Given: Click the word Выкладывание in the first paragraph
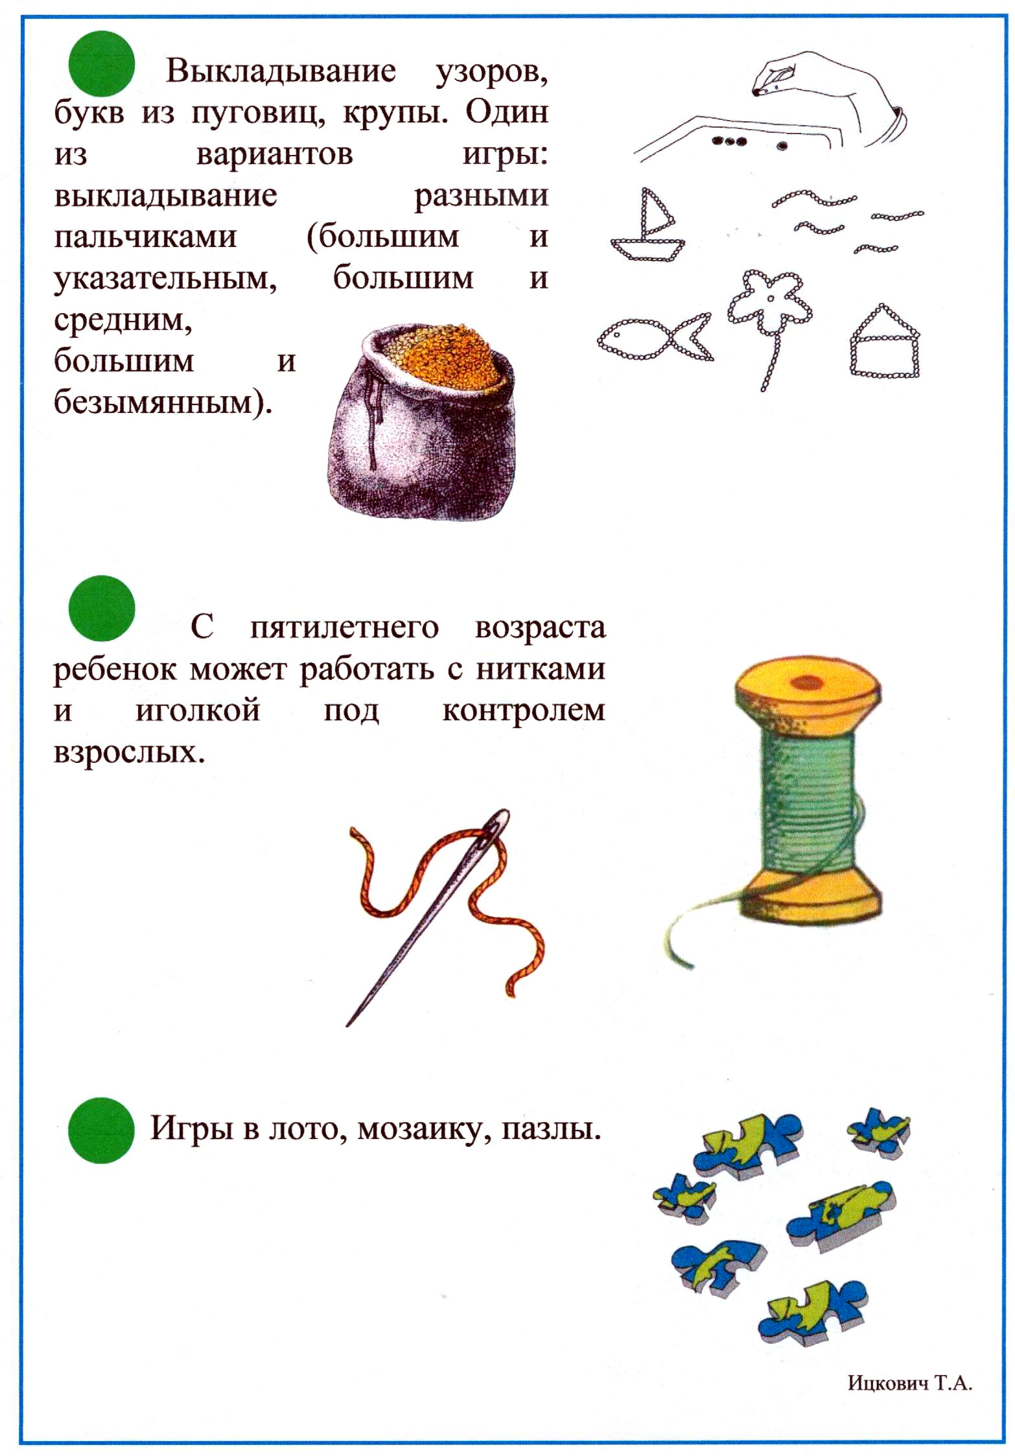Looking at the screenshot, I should (280, 71).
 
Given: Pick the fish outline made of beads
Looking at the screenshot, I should (653, 338).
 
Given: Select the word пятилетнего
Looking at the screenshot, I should (344, 628).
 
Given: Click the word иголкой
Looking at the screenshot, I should (198, 710).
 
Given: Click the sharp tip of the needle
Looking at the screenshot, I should (349, 1024).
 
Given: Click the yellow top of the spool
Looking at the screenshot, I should (808, 686).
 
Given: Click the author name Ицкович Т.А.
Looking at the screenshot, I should (909, 1382).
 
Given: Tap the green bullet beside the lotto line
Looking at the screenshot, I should (101, 1129).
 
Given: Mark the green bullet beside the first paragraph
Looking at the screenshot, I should (102, 64).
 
